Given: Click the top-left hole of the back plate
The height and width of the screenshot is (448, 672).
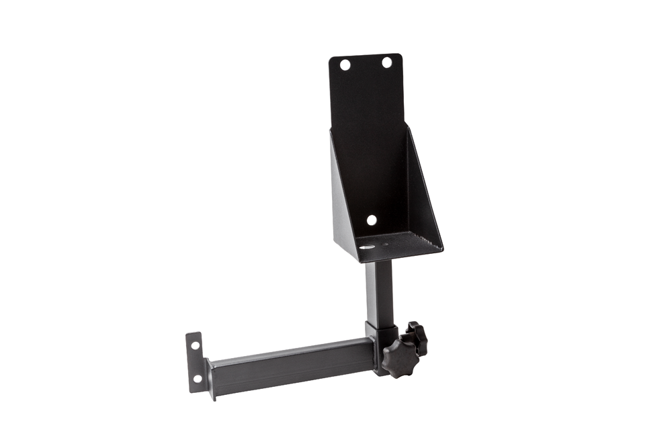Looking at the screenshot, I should tap(345, 65).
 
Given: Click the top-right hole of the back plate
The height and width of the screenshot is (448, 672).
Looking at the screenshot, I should tap(387, 62).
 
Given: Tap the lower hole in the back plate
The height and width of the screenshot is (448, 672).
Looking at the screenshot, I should tap(371, 220).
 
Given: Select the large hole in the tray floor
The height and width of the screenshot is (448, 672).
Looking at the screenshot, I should tap(366, 247).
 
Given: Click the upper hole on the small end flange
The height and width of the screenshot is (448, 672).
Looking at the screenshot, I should tap(195, 346).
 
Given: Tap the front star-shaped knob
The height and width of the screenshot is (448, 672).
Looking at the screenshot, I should tap(401, 356).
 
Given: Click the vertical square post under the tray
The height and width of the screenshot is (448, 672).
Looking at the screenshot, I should tap(380, 292).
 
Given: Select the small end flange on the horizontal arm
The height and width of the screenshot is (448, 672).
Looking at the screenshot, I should tap(195, 361).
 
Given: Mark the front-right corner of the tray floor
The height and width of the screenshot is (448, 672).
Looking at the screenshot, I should tap(440, 252).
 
